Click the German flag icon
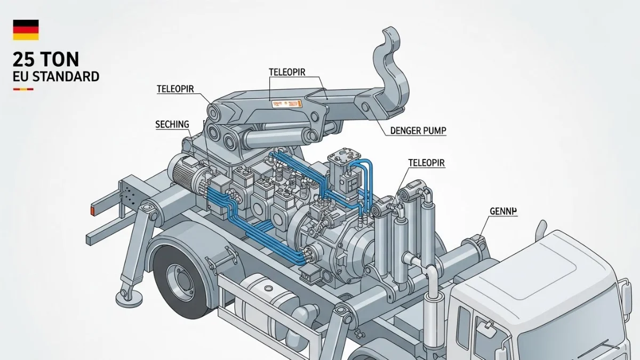click(26, 29)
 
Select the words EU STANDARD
click(56, 76)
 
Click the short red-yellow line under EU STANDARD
click(23, 89)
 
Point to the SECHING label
click(172, 124)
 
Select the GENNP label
click(503, 211)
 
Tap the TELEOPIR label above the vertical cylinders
click(427, 162)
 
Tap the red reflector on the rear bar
click(92, 212)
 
